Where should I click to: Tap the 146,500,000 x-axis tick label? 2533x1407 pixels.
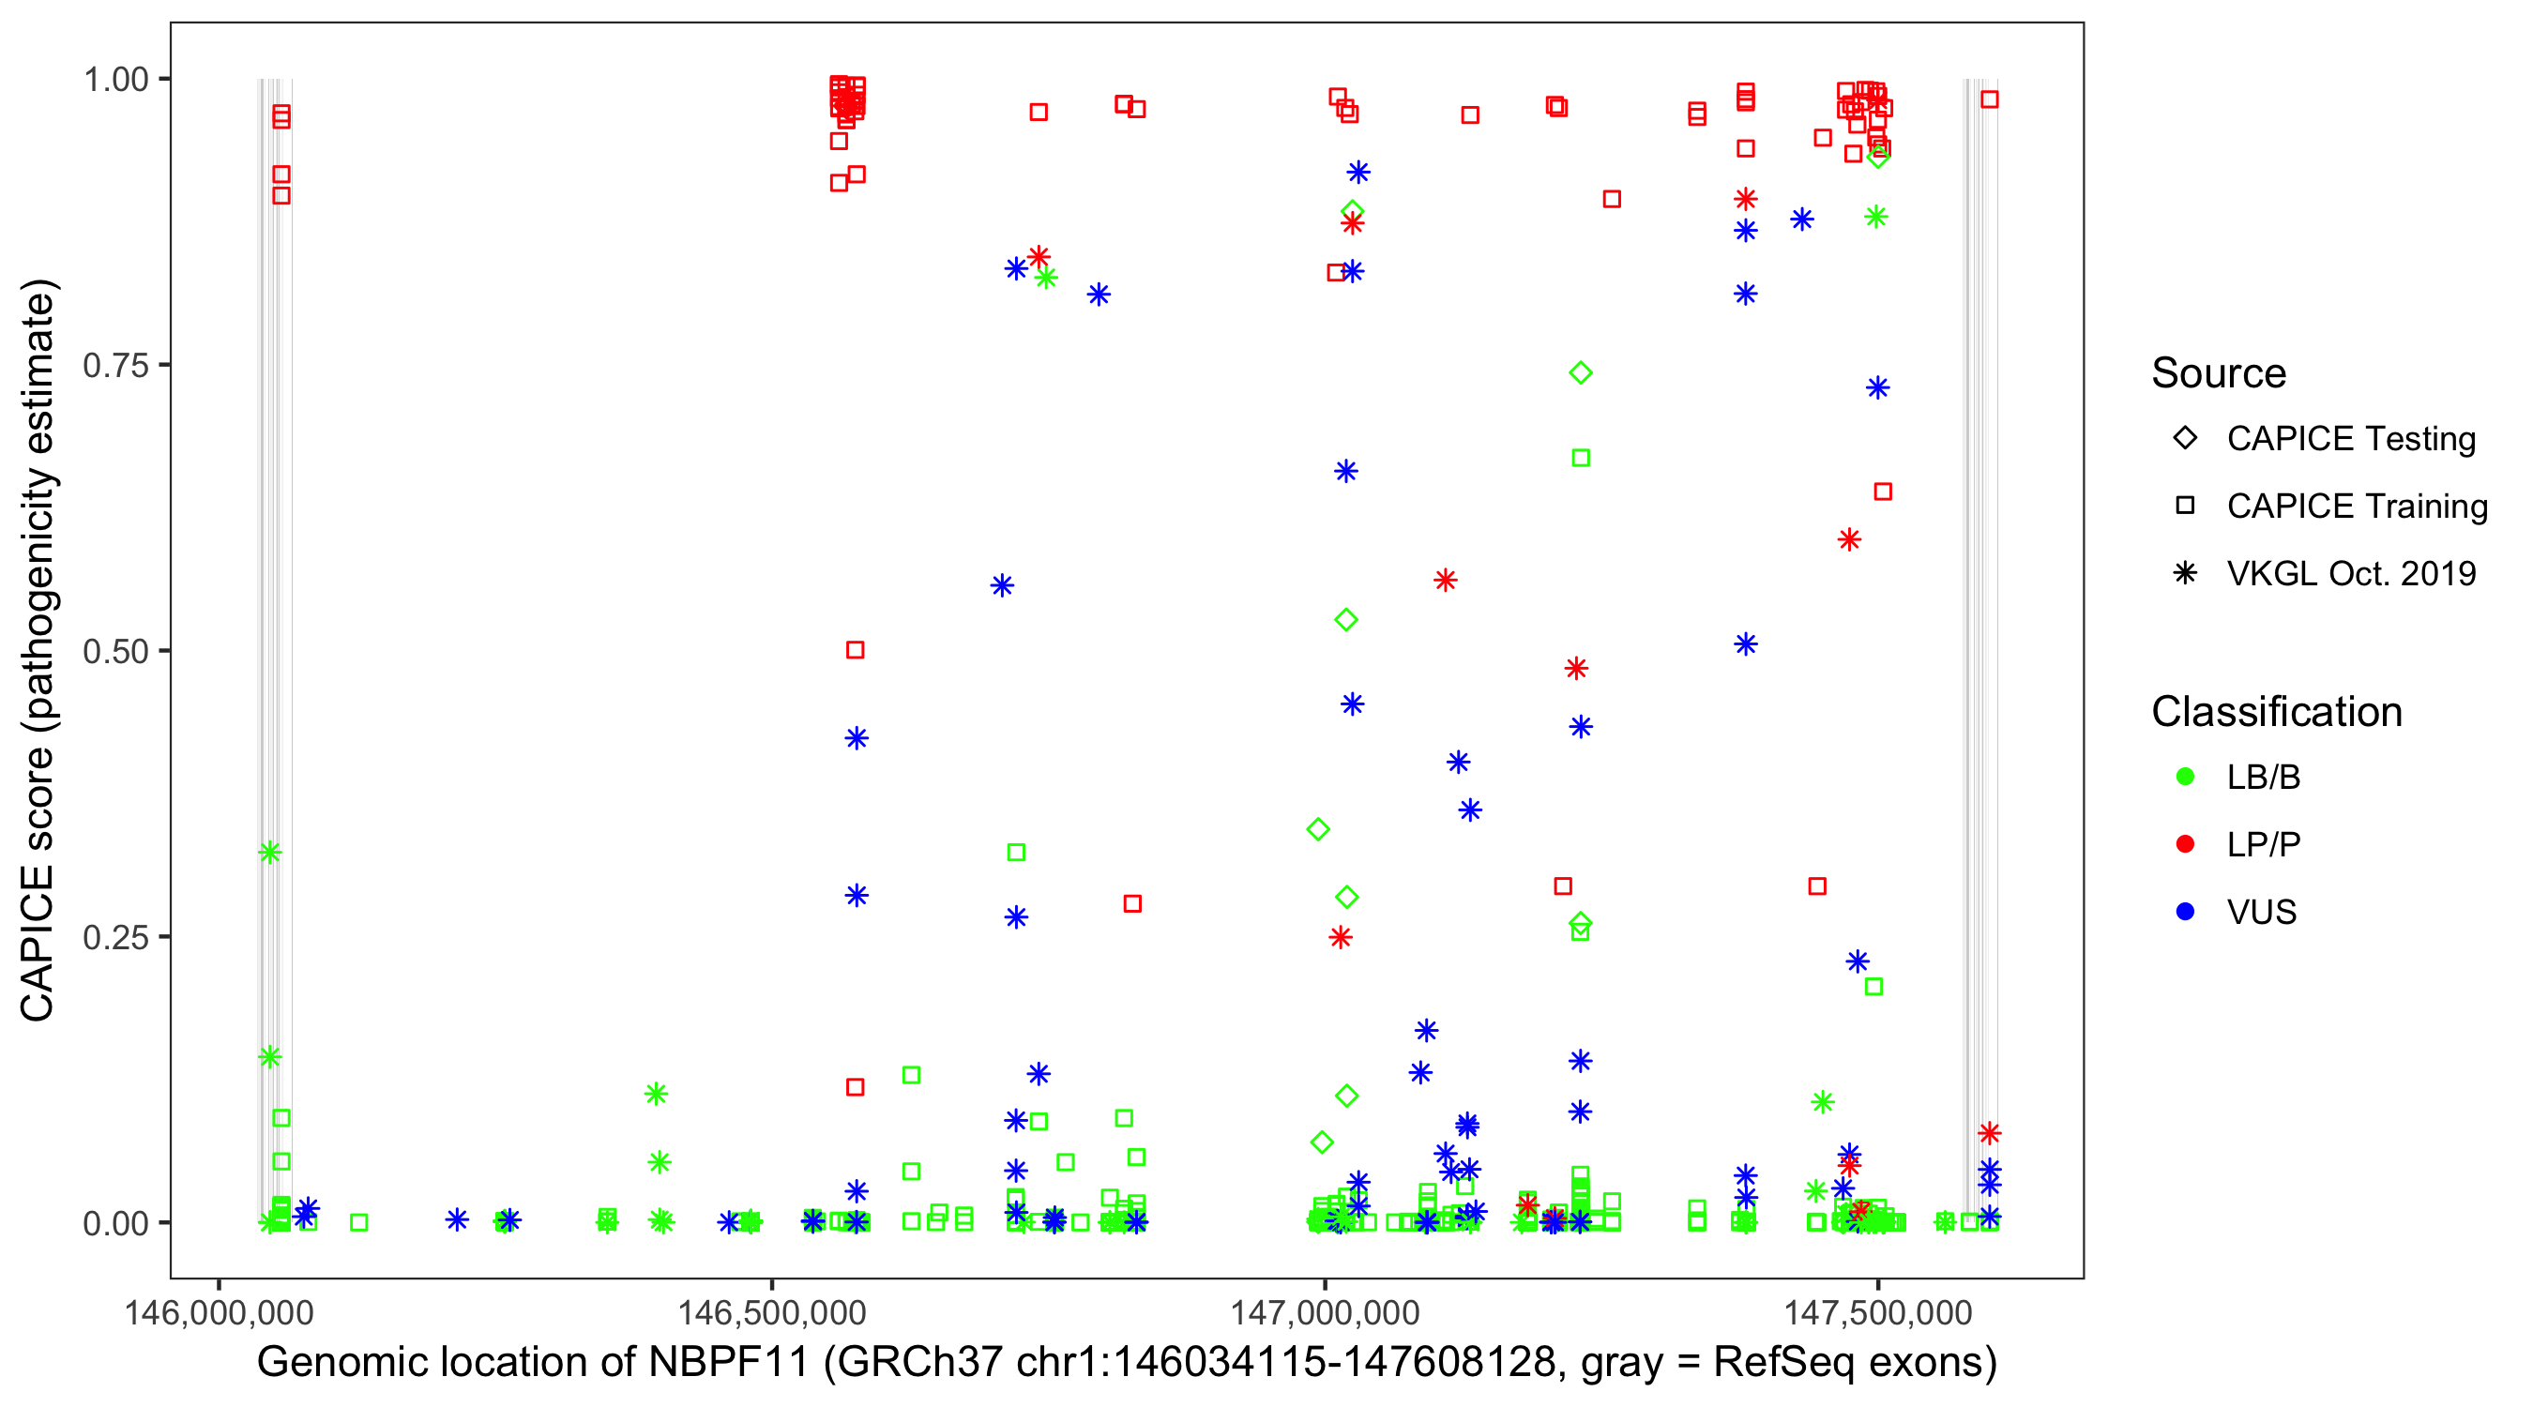tap(771, 1311)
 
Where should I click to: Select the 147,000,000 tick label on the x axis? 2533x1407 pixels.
tap(1325, 1311)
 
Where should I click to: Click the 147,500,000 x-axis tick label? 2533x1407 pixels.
tap(1877, 1311)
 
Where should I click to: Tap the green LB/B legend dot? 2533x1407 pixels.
tap(2185, 777)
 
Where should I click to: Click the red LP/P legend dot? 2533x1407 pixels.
tap(2185, 844)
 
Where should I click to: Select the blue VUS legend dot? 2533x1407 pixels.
tap(2185, 912)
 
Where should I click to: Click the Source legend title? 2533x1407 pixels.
tap(2218, 373)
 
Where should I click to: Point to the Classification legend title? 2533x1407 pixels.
tap(2275, 712)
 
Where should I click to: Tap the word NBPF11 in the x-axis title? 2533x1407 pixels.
tap(728, 1363)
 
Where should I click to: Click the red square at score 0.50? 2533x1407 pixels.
tap(856, 650)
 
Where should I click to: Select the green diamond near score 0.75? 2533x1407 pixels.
tap(1580, 372)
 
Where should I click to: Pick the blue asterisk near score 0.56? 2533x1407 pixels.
tap(1002, 586)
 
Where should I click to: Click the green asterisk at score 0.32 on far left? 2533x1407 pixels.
tap(269, 853)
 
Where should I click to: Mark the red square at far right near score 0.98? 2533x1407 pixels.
tap(1989, 99)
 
